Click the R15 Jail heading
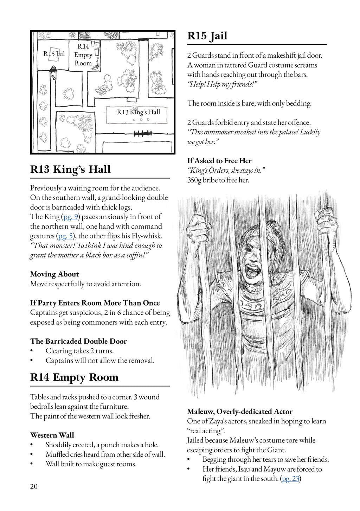point(207,36)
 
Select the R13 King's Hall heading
point(70,170)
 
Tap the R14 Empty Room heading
point(74,377)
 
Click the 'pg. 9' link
point(70,217)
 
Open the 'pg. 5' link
point(65,236)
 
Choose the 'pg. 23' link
point(291,479)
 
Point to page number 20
point(34,486)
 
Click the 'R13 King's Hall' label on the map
point(138,112)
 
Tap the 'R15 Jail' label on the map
point(54,54)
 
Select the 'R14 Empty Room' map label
point(83,55)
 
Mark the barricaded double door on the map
point(143,134)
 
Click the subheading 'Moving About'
point(54,274)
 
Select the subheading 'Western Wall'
point(52,435)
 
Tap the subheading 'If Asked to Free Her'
point(219,161)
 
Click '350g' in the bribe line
point(194,180)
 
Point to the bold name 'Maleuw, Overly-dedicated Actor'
point(240,411)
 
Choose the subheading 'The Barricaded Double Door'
point(78,341)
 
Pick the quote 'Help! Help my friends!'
point(222,84)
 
